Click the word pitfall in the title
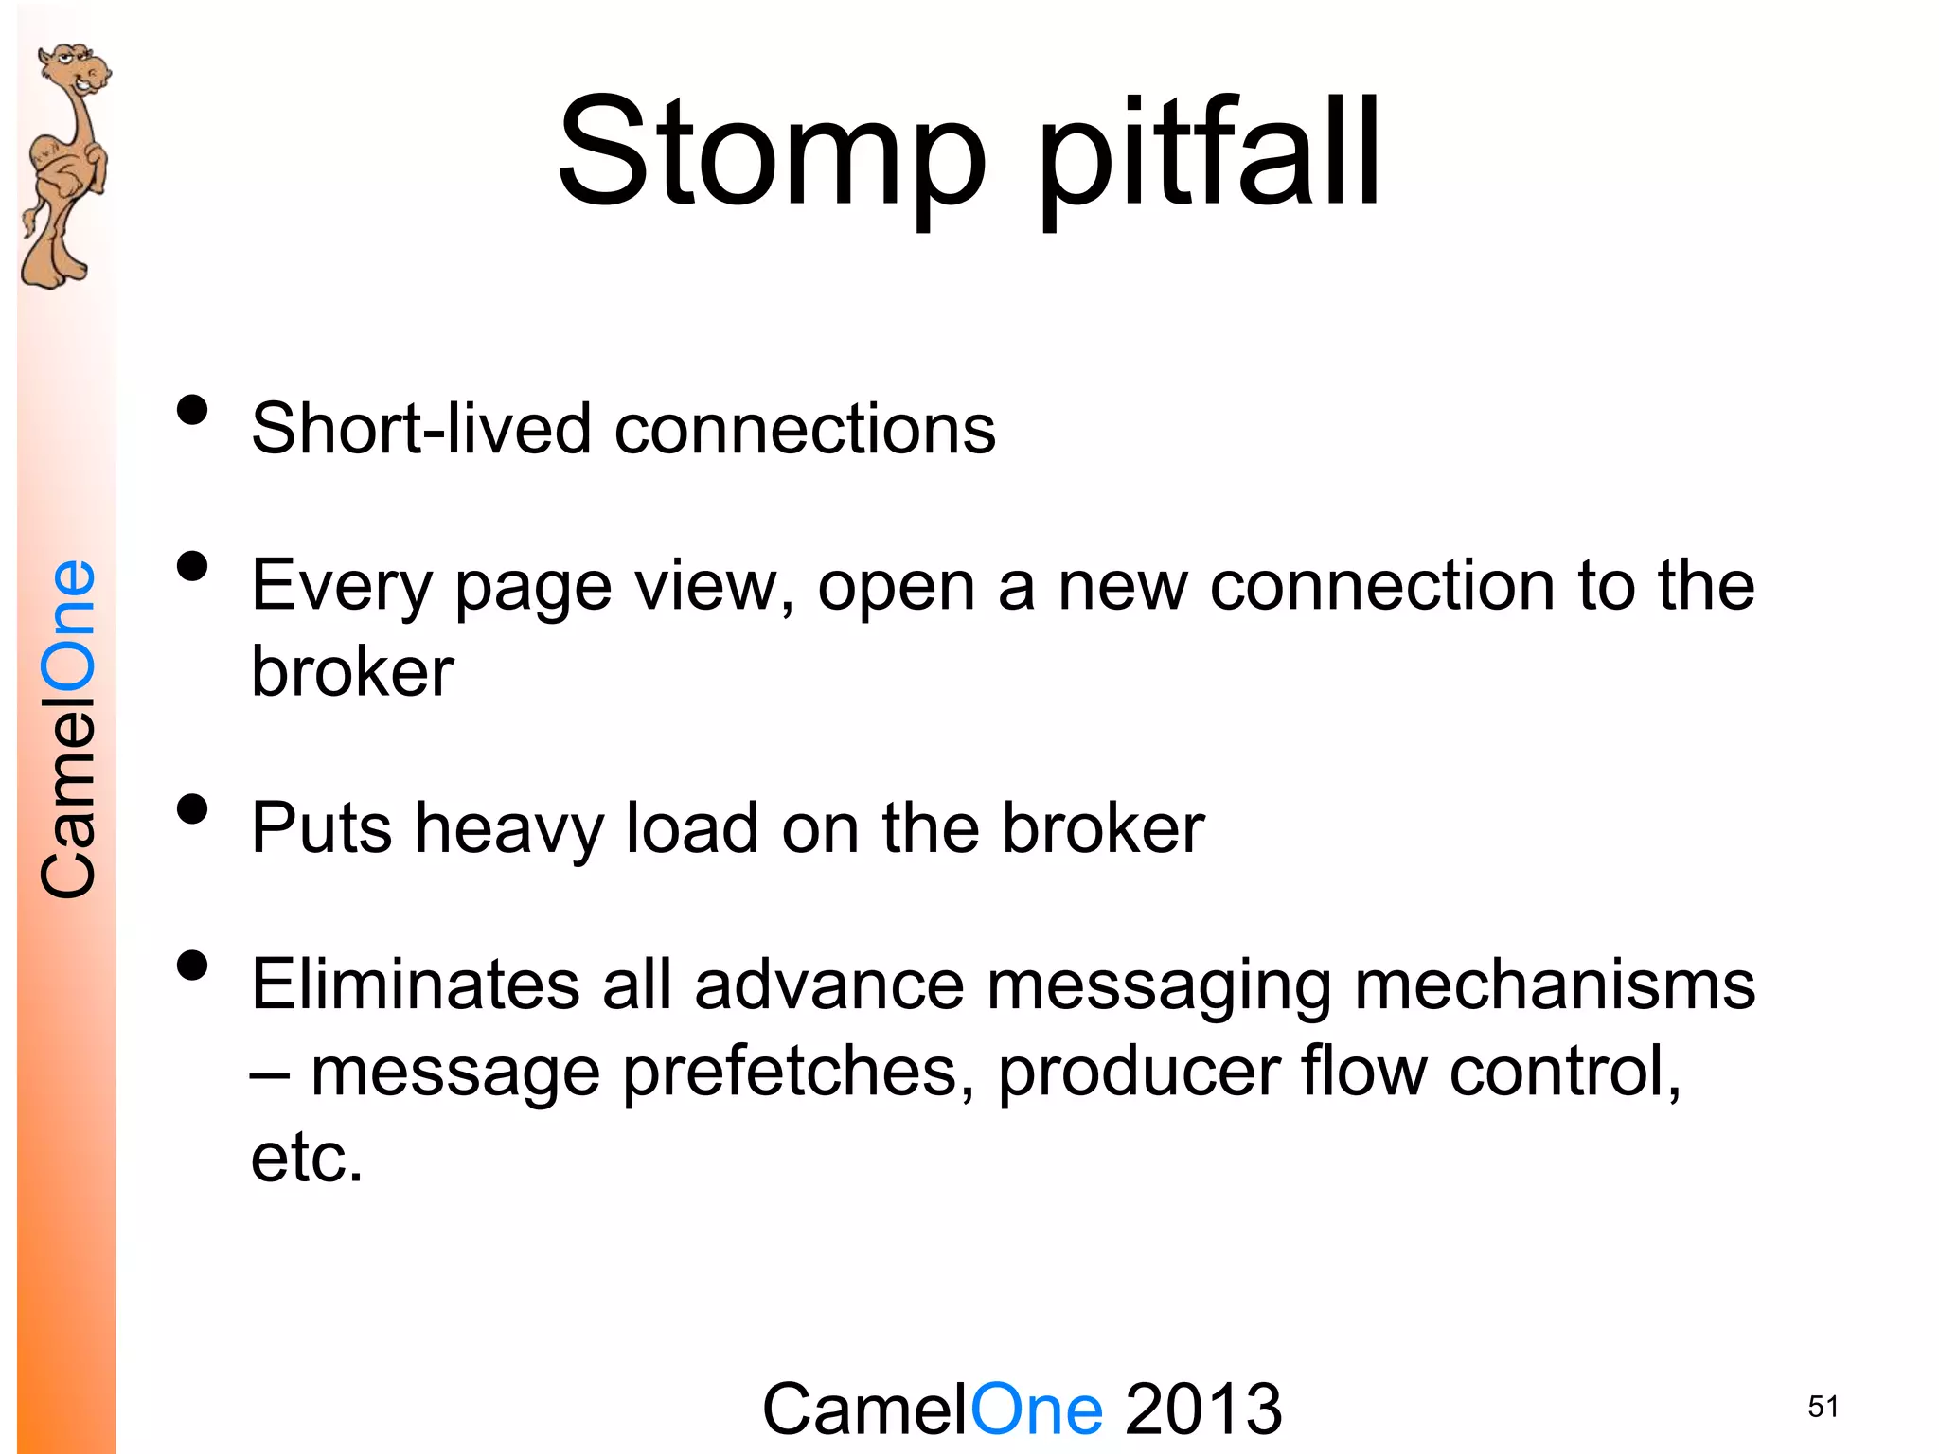(1209, 156)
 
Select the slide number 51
(1823, 1407)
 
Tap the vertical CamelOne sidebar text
(68, 729)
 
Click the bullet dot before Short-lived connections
(192, 411)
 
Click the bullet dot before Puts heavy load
(192, 810)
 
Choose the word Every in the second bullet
(341, 587)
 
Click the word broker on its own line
(352, 672)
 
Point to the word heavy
(508, 829)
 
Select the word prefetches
(798, 1073)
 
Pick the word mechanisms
(1554, 985)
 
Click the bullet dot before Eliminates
(192, 966)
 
